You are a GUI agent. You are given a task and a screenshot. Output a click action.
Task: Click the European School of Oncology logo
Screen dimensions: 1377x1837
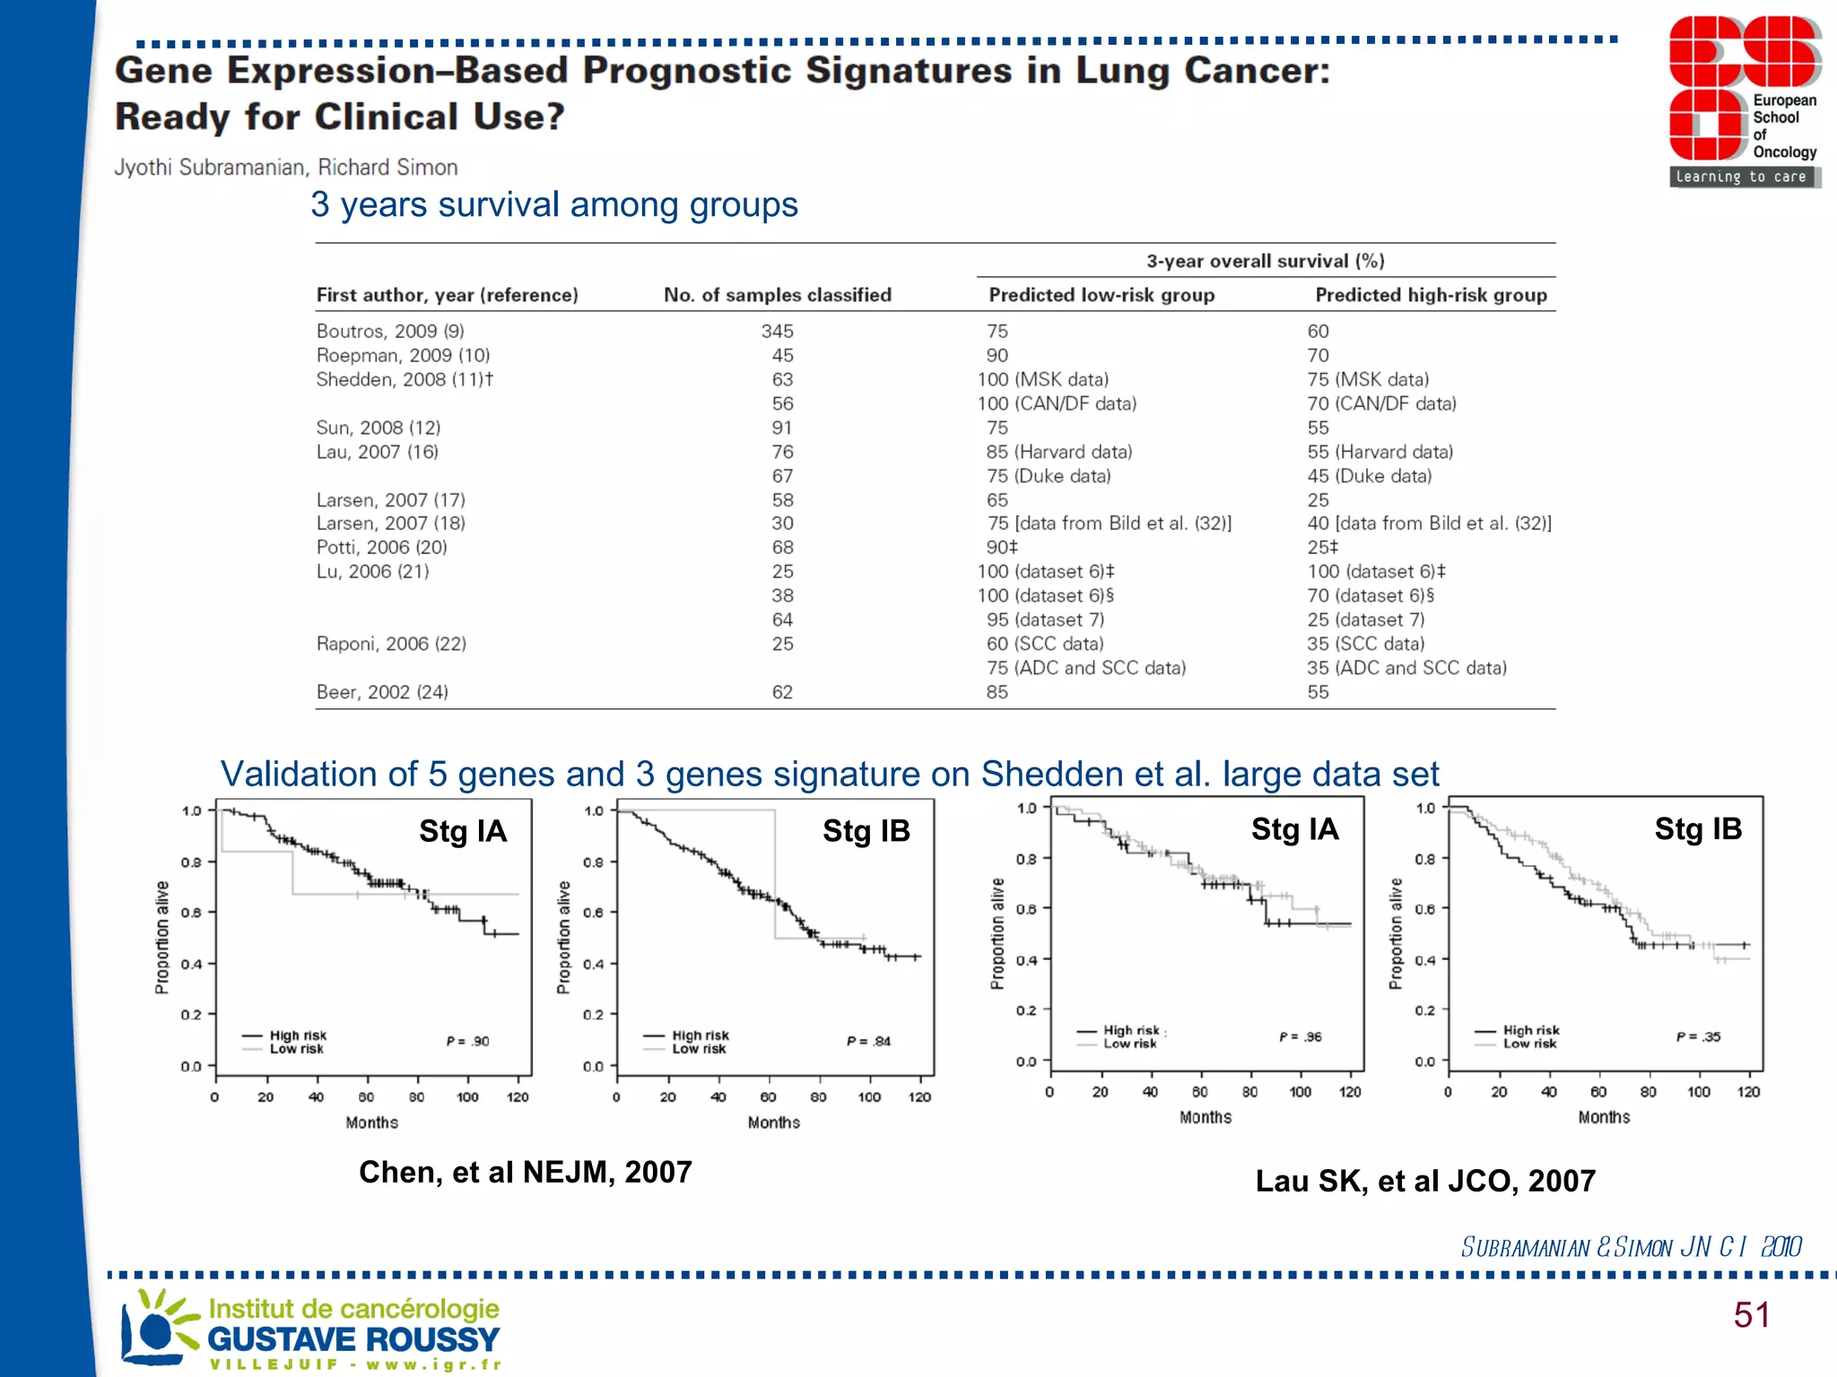pos(1743,100)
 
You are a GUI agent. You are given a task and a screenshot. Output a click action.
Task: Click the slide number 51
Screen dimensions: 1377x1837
pos(1751,1315)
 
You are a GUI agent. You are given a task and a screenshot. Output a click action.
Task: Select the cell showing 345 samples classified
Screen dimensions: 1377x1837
pos(777,332)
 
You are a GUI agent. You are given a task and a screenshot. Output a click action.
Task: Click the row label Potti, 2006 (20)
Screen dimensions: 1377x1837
pos(381,548)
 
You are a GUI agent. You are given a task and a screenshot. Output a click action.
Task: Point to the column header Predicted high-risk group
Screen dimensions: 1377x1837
pos(1431,295)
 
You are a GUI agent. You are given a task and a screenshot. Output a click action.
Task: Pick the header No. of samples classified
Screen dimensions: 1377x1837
pos(777,295)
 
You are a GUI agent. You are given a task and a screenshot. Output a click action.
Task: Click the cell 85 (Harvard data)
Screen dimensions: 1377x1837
pos(1058,452)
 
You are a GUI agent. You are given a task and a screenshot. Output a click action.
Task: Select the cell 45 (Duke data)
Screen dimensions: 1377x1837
pos(1369,476)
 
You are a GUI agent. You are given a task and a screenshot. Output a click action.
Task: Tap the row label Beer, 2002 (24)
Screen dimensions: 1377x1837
pos(382,692)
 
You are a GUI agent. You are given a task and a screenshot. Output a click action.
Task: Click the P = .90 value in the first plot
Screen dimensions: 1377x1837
pos(467,1041)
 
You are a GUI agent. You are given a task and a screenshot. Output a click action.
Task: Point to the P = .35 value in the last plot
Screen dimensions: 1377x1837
pos(1698,1036)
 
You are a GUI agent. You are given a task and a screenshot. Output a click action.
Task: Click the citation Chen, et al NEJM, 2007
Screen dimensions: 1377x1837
pos(525,1172)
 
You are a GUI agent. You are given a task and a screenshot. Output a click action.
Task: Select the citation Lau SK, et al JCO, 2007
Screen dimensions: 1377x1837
pos(1424,1181)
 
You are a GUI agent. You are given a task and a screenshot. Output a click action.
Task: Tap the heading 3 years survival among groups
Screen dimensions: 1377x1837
pos(553,204)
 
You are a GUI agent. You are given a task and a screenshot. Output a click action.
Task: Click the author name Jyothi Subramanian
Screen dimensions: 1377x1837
pos(209,168)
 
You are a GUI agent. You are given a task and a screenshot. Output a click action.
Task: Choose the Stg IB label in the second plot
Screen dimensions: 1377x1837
pos(866,831)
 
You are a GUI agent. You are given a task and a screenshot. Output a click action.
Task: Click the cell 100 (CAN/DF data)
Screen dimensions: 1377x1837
pos(1057,403)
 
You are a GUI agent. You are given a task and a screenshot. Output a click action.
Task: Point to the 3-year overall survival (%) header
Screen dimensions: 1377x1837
pos(1265,261)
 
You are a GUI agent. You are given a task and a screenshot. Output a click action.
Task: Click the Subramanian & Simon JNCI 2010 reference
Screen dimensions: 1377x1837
pos(1630,1247)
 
